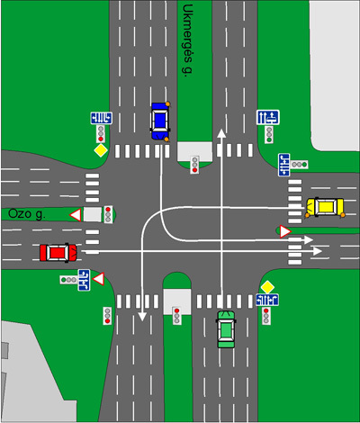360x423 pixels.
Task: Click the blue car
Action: point(160,121)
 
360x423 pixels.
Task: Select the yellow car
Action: point(325,207)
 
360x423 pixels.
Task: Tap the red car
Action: point(58,253)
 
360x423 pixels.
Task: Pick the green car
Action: point(226,329)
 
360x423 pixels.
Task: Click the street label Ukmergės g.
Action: point(188,40)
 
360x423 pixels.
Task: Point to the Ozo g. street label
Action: point(27,214)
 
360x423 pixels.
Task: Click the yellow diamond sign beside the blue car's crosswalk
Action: point(101,150)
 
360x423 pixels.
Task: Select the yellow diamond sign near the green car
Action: point(267,287)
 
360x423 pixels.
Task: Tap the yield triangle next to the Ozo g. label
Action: point(76,215)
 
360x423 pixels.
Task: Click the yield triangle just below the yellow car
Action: point(284,231)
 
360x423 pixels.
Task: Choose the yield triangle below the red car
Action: point(99,279)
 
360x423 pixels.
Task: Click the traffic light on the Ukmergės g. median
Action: point(195,165)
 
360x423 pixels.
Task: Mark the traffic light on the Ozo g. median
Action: point(108,214)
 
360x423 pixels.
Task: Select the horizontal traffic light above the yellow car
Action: point(299,165)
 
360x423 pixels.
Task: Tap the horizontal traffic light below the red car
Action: point(68,280)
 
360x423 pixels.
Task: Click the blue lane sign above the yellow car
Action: point(283,165)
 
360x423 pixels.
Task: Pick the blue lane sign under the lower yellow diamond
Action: point(267,300)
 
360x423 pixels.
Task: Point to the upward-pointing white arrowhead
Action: point(221,133)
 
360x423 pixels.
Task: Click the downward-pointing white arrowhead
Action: point(142,317)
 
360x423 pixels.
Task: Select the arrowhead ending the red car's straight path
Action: point(318,251)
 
